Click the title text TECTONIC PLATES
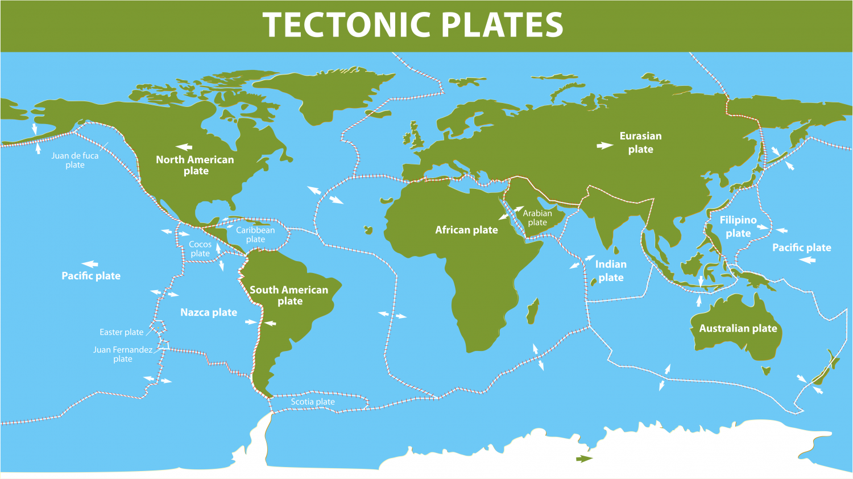click(x=413, y=25)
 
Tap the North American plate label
click(x=195, y=166)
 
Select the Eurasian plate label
click(x=640, y=143)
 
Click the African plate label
click(x=466, y=230)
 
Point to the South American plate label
click(x=289, y=295)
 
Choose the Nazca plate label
click(x=209, y=312)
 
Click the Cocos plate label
click(x=200, y=249)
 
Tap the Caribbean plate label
click(x=255, y=234)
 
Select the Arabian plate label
click(x=537, y=218)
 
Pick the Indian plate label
click(x=611, y=271)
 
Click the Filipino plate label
click(x=738, y=226)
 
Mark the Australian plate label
click(x=738, y=328)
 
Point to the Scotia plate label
click(x=313, y=402)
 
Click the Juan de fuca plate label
click(x=75, y=160)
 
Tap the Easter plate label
click(x=121, y=332)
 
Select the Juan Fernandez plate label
click(x=123, y=354)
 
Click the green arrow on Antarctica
click(x=584, y=459)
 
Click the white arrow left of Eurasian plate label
click(x=604, y=146)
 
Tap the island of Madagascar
click(x=533, y=311)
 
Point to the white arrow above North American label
click(x=184, y=147)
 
